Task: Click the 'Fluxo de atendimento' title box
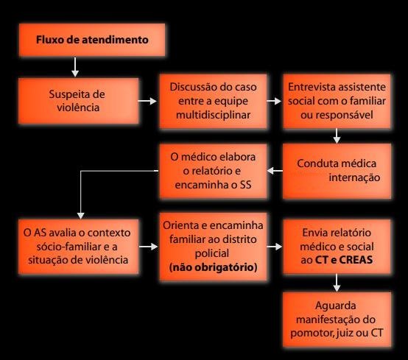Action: [x=92, y=40]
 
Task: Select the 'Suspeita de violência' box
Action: [x=78, y=101]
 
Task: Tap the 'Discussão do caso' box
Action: [x=213, y=101]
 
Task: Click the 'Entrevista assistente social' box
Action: [x=337, y=101]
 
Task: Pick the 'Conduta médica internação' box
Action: [x=337, y=171]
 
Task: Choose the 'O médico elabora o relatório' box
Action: [x=213, y=171]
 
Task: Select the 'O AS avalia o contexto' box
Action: [x=78, y=247]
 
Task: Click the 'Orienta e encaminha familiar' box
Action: [x=213, y=247]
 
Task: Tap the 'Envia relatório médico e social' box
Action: [x=337, y=247]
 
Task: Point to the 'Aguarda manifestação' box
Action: [x=337, y=320]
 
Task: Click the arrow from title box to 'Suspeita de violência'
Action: [x=75, y=67]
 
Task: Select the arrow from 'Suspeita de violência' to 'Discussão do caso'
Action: [x=147, y=101]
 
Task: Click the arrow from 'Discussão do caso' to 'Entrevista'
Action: [x=274, y=101]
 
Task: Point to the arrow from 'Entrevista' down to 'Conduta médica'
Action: [x=337, y=135]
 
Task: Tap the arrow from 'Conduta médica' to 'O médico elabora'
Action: [x=275, y=171]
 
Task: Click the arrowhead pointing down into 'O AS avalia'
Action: [x=81, y=216]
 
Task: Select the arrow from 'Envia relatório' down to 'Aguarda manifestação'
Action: [x=337, y=283]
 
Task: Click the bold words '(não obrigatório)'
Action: [x=213, y=267]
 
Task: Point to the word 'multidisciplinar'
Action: [x=213, y=115]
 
